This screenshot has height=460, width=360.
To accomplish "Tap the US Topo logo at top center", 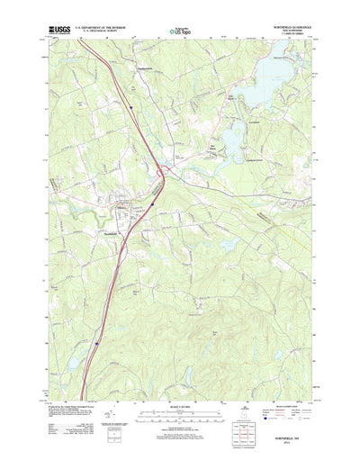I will point(180,32).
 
